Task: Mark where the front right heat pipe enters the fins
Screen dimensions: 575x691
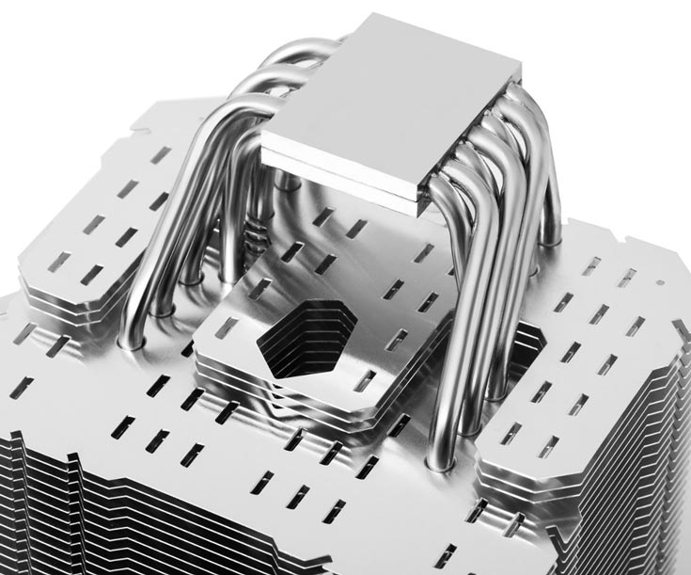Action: (x=438, y=461)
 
